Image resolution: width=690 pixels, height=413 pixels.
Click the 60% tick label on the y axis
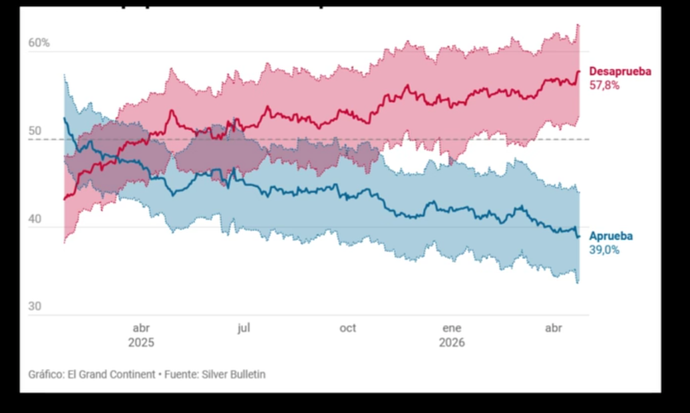coord(39,43)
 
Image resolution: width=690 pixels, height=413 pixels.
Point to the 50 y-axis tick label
coord(35,132)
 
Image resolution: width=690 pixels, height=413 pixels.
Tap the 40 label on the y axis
coord(35,219)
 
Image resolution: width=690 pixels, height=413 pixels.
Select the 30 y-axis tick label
coord(35,307)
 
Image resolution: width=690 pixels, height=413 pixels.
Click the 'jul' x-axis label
coord(244,328)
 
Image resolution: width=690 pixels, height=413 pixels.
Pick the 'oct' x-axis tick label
coord(347,328)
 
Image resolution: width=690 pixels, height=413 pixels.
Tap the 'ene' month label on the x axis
coord(452,328)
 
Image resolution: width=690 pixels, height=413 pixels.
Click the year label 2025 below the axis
coord(141,343)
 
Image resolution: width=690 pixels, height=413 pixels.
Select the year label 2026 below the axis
coord(452,343)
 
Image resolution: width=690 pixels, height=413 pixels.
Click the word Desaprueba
coord(620,72)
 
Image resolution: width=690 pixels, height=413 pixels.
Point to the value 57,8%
coord(604,85)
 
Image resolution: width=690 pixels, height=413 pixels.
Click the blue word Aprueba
coord(611,236)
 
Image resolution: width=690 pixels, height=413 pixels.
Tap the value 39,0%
coord(604,250)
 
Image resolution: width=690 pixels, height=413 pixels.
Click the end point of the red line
coord(579,71)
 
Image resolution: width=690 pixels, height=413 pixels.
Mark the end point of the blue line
coord(578,236)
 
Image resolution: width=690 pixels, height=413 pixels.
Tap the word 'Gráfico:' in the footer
coord(46,374)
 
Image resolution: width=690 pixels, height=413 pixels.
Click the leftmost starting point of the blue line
coord(65,118)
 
